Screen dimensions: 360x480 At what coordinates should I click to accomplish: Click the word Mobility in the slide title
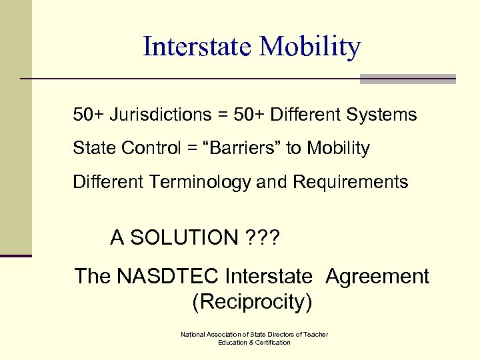pyautogui.click(x=310, y=47)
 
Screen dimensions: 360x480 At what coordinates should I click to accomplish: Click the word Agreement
pyautogui.click(x=377, y=276)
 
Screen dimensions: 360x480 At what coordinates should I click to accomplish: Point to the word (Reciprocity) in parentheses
pyautogui.click(x=252, y=302)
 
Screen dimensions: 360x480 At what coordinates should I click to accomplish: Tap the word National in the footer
pyautogui.click(x=194, y=334)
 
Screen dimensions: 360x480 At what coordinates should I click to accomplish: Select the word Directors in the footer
pyautogui.click(x=283, y=334)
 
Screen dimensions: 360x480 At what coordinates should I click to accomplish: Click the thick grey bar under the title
pyautogui.click(x=407, y=79)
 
